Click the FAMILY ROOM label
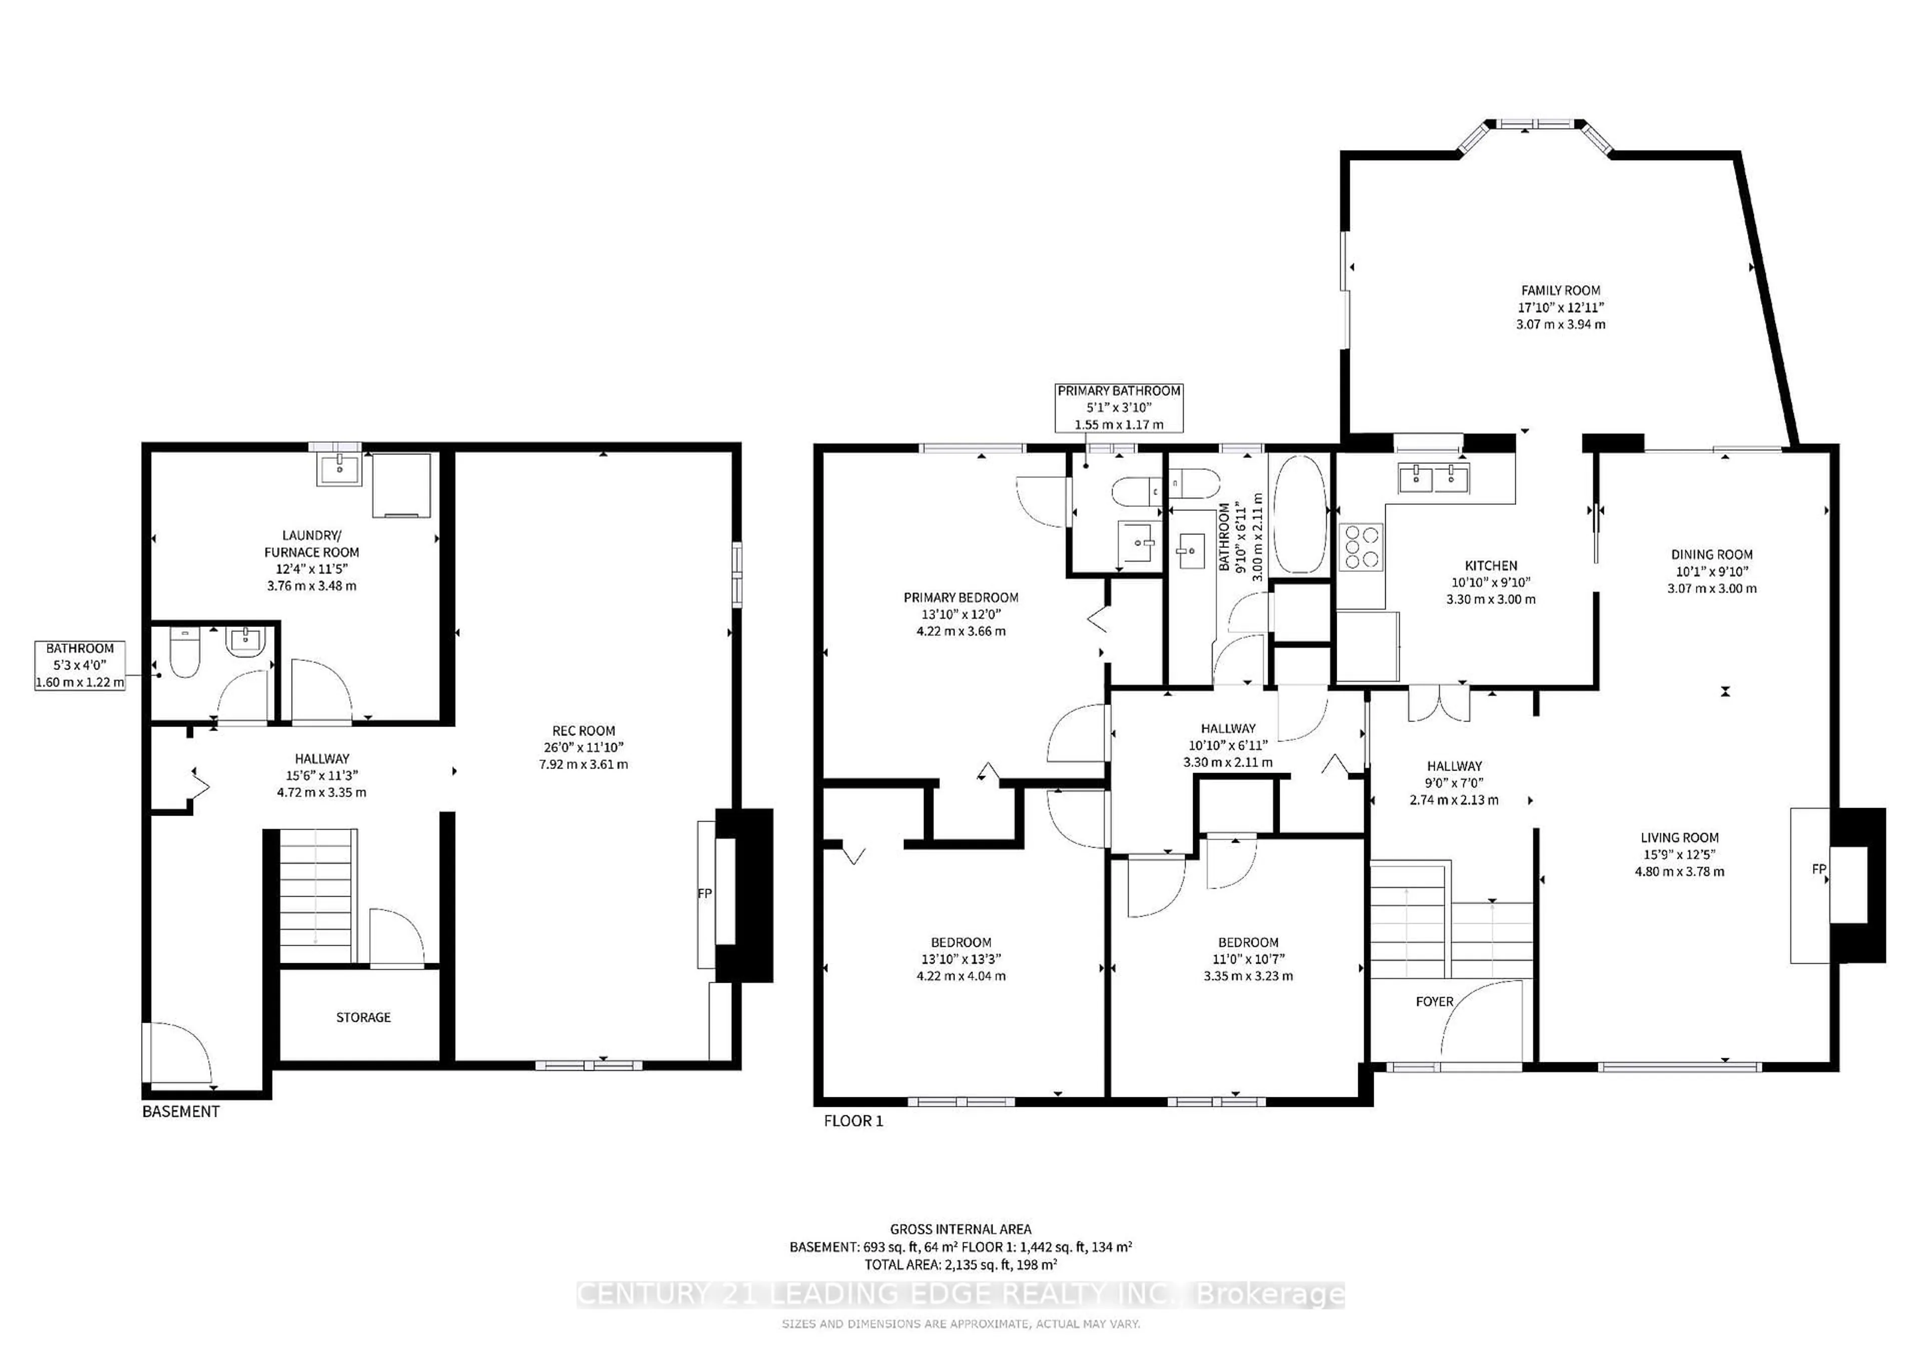[1560, 290]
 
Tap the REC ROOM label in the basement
[583, 731]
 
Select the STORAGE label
[363, 1017]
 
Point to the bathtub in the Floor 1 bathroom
[1299, 514]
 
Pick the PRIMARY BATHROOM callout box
[1119, 407]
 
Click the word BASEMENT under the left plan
[181, 1111]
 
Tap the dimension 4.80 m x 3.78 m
[1679, 871]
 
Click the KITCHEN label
[1490, 566]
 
